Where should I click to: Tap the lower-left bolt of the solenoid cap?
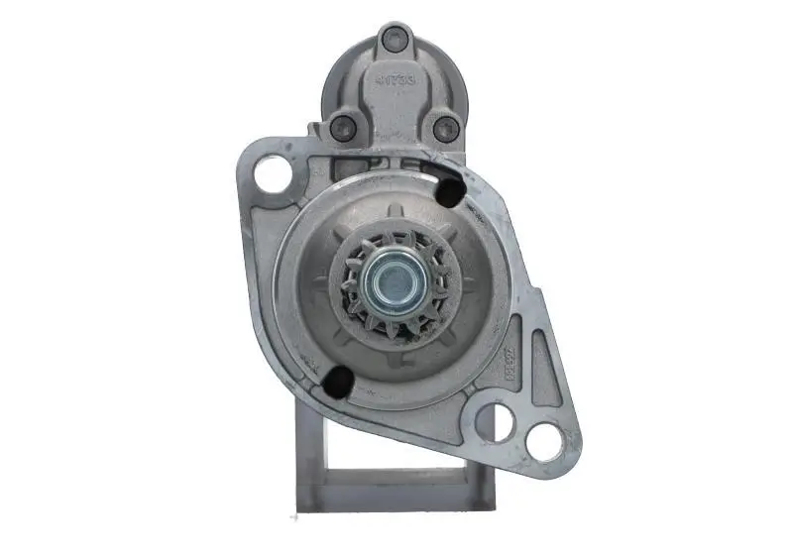click(343, 127)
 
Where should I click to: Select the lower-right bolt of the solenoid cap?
click(446, 128)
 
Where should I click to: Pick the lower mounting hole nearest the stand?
click(495, 422)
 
